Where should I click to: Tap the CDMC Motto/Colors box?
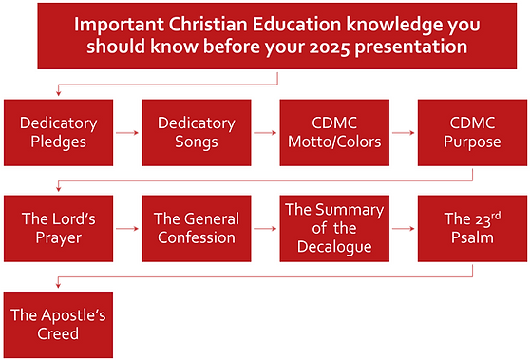[331, 132]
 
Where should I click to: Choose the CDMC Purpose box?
[469, 132]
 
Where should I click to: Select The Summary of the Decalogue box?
[331, 228]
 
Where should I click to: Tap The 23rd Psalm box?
[469, 228]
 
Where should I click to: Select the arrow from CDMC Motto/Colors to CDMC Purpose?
[402, 133]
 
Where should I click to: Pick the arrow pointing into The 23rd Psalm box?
[402, 229]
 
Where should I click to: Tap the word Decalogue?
[331, 246]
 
